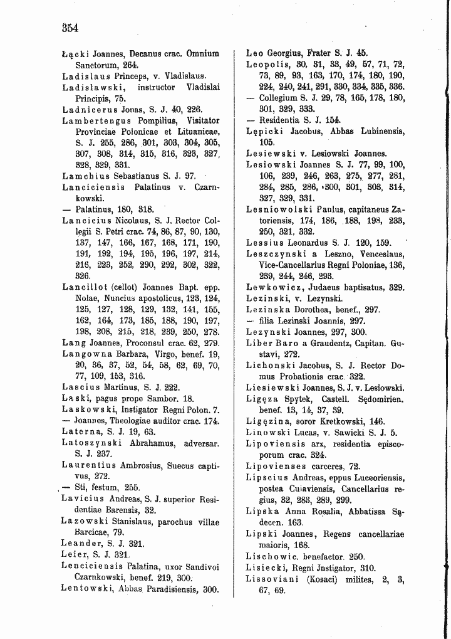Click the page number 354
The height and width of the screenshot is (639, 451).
point(69,28)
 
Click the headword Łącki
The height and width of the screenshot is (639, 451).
point(75,54)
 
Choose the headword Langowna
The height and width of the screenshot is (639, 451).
point(87,354)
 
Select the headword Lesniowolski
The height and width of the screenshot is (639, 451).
point(279,208)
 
